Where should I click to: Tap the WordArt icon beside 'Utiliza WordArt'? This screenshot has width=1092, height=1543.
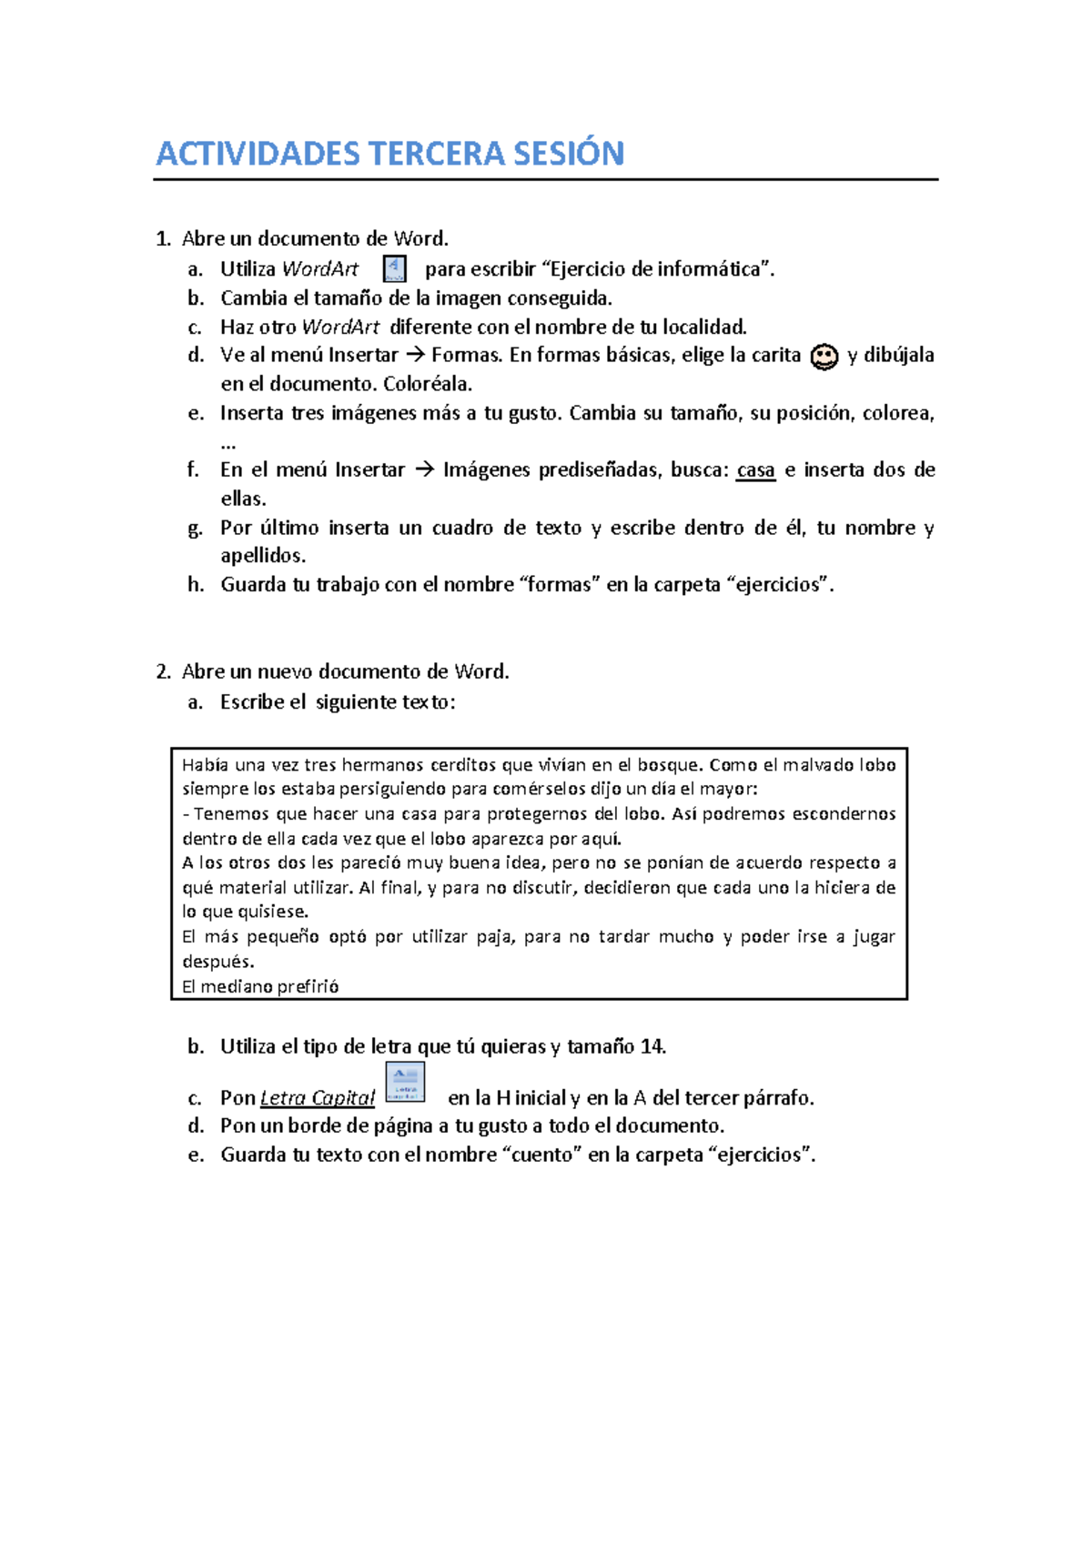(394, 269)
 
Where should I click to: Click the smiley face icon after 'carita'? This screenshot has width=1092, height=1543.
(824, 357)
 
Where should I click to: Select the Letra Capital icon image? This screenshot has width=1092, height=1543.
(405, 1083)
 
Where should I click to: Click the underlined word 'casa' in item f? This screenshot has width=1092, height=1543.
(755, 470)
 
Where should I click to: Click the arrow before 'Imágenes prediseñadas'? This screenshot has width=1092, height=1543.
(424, 470)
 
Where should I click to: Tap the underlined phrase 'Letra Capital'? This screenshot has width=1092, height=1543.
(317, 1098)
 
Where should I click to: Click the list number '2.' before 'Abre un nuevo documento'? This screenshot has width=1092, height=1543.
(163, 672)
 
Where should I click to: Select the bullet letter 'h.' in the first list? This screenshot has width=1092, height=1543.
(196, 585)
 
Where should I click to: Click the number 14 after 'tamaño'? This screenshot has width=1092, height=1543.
(652, 1047)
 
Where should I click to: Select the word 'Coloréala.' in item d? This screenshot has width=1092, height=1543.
(428, 384)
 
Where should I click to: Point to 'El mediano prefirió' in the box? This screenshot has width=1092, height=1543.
(260, 987)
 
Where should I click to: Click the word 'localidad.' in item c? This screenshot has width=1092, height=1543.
(704, 328)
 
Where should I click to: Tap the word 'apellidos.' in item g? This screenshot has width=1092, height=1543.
(263, 556)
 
